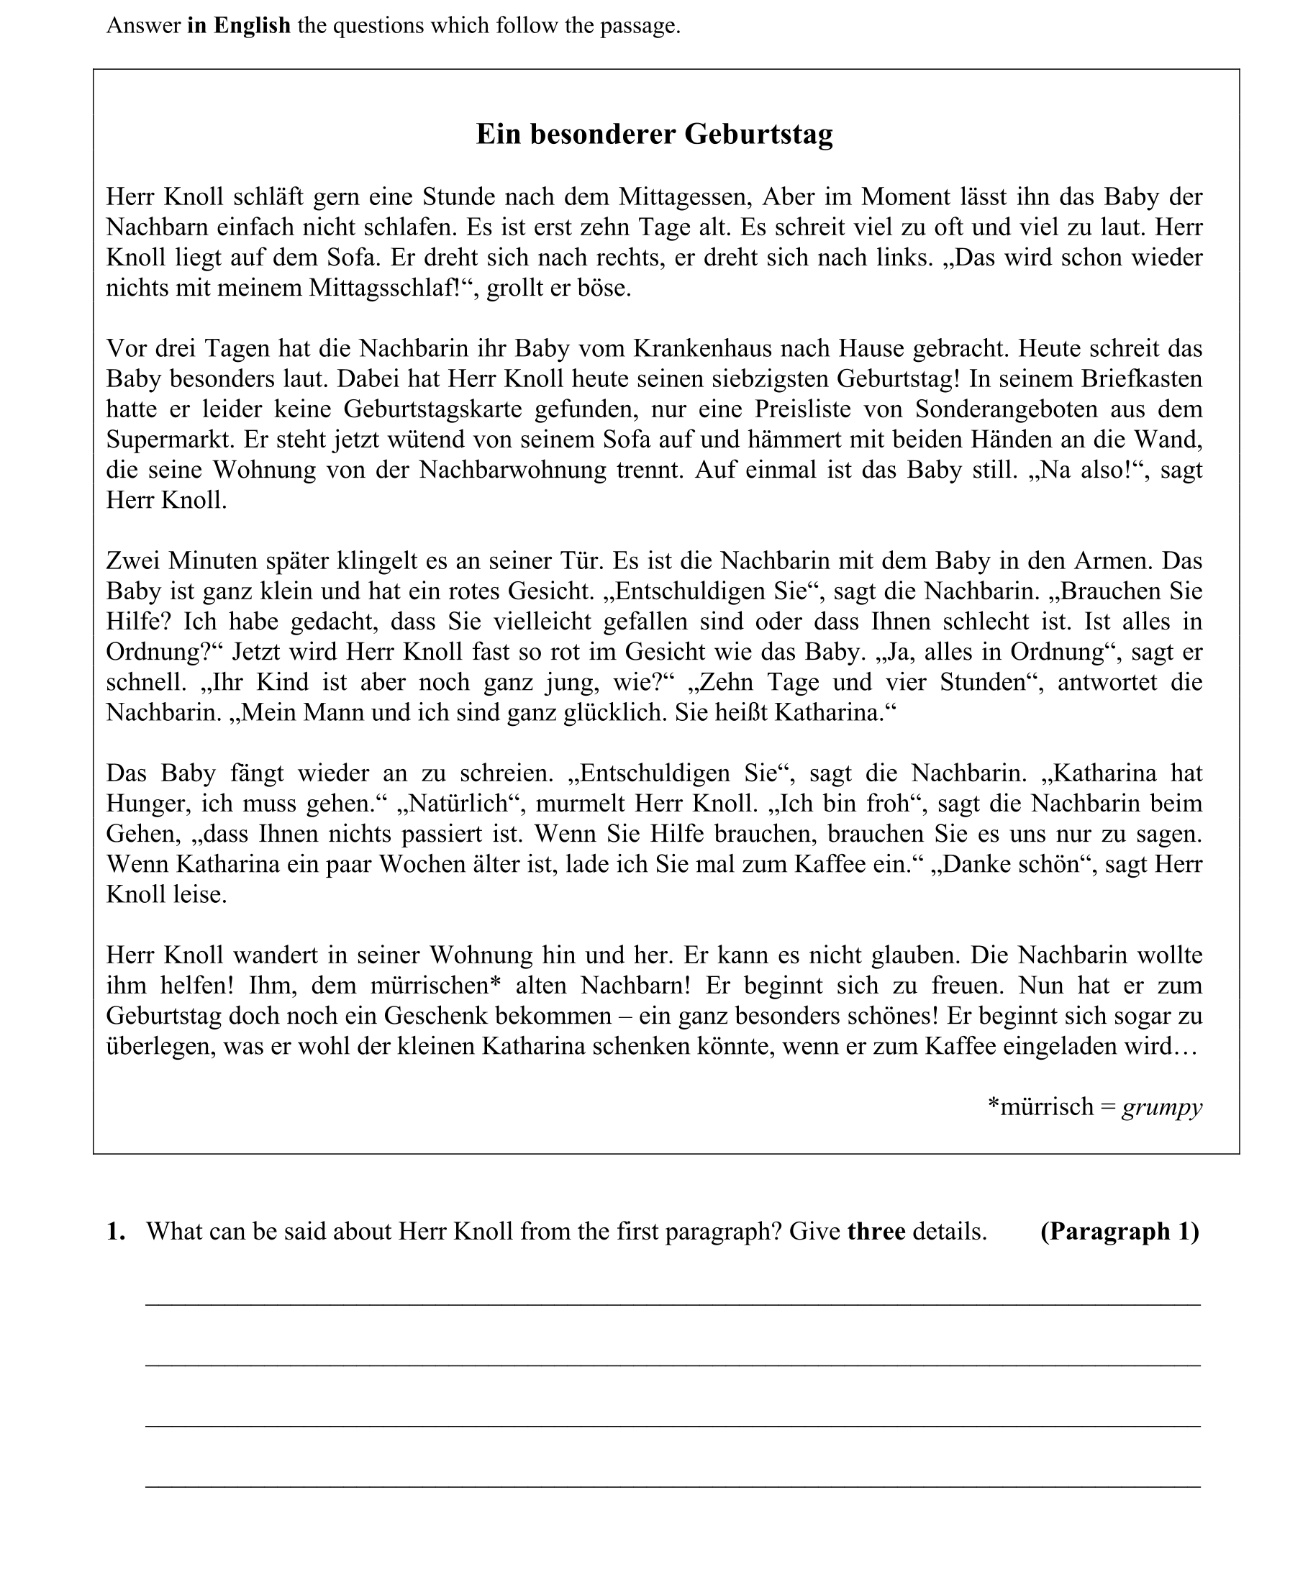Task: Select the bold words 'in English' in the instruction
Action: [239, 26]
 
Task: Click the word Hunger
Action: [147, 803]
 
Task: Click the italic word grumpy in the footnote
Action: [1162, 1106]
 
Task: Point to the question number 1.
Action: [115, 1232]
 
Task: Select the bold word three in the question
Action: [876, 1232]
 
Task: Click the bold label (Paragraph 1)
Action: [1119, 1232]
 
